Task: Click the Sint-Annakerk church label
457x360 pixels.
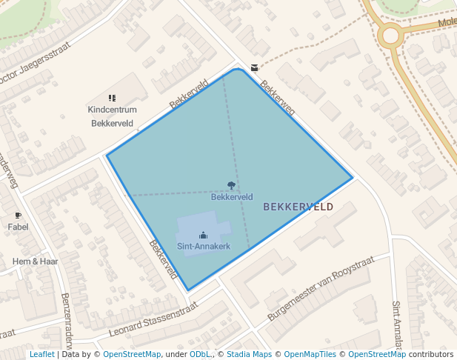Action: pos(203,246)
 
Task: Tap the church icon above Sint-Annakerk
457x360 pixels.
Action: pos(203,236)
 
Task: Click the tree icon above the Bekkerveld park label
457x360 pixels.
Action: pos(232,187)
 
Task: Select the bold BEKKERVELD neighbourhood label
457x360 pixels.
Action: pos(298,207)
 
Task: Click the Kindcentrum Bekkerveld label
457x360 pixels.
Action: pos(111,116)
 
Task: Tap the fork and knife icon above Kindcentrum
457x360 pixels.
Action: pos(112,98)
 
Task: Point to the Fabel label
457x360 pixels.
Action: pos(19,227)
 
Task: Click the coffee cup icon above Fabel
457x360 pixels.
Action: pos(19,216)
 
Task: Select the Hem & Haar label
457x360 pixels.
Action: pos(36,261)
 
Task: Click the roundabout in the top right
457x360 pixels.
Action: pos(390,34)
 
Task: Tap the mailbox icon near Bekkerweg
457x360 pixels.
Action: pos(255,67)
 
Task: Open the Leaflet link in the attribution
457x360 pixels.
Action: pos(41,354)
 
